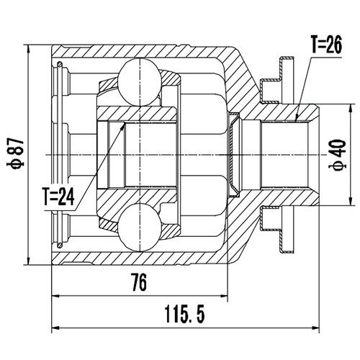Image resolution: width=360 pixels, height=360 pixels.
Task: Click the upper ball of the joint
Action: point(137,75)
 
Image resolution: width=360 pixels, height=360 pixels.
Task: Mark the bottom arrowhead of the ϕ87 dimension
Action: point(27,261)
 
